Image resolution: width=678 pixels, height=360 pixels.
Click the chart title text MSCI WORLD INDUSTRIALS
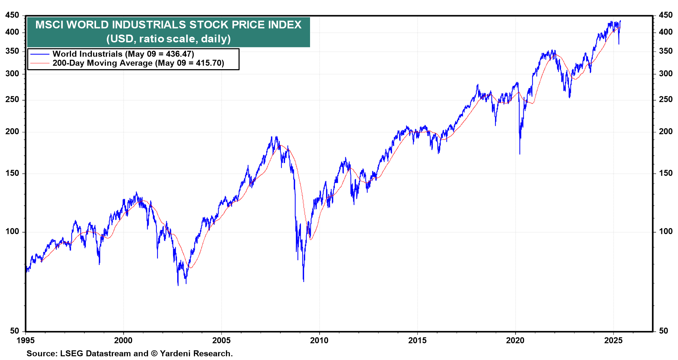point(168,25)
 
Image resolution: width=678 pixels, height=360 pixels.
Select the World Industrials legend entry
point(123,54)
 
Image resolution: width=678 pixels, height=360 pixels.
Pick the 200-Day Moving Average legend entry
point(138,63)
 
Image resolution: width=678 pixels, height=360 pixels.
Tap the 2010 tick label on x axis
point(319,341)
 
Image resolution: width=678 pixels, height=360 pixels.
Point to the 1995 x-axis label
point(26,341)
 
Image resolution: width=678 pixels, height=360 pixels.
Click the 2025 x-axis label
point(613,341)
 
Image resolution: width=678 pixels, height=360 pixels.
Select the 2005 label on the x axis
point(221,341)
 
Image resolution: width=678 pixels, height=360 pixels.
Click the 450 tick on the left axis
point(12,15)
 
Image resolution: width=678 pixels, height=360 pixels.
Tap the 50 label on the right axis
point(664,331)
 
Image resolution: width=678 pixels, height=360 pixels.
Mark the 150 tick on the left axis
point(12,173)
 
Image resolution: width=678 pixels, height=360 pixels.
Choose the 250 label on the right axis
point(666,100)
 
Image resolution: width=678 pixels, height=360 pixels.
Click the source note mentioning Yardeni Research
point(130,354)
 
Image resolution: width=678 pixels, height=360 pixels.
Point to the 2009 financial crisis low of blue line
point(303,281)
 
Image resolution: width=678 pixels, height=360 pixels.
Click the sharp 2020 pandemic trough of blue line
point(520,153)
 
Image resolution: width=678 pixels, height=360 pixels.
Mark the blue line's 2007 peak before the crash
point(276,137)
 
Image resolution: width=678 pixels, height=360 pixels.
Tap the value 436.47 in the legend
point(180,54)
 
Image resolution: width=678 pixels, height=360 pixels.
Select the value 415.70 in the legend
point(210,63)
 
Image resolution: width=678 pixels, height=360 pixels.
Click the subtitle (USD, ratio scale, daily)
point(168,38)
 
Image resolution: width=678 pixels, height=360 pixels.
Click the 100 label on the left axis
point(12,232)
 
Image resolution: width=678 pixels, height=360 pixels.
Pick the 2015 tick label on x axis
point(417,341)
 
